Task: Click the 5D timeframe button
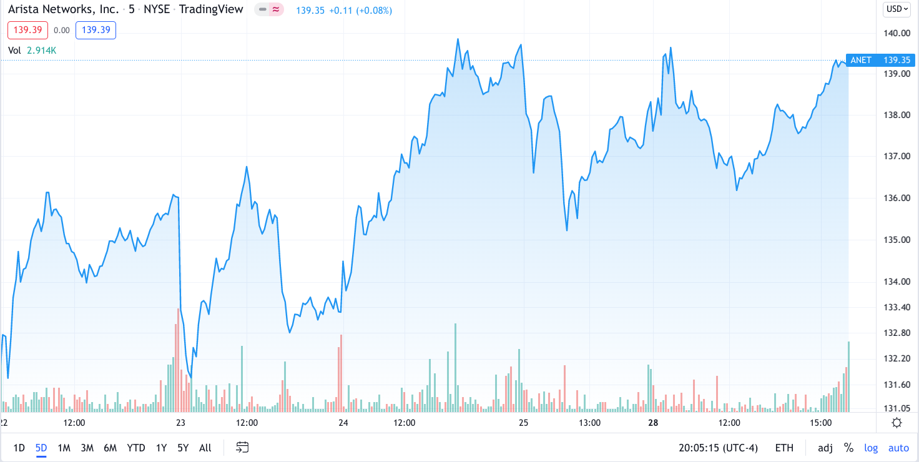(x=41, y=448)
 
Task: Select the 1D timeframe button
(x=19, y=448)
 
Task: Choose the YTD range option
(x=136, y=448)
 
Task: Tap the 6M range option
(x=111, y=448)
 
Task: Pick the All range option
(x=205, y=448)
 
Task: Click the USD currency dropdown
(x=897, y=9)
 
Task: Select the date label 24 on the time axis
(x=343, y=423)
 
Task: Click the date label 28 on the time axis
(x=654, y=423)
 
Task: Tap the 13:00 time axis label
(x=589, y=423)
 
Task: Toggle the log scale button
(x=871, y=448)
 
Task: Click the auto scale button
(x=898, y=448)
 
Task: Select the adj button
(x=825, y=448)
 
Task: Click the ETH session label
(x=785, y=448)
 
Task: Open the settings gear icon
(x=897, y=423)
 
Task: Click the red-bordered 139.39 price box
(x=27, y=30)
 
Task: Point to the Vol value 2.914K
(x=42, y=50)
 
